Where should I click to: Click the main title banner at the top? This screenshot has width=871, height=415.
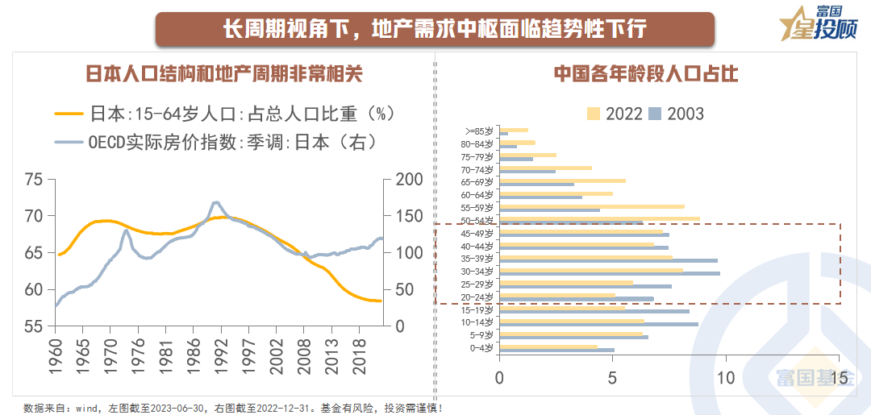point(435,30)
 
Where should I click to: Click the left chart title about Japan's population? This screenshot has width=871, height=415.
point(224,74)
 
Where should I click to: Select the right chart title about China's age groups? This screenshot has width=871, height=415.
point(646,74)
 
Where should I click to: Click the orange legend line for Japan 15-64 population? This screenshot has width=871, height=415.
point(69,113)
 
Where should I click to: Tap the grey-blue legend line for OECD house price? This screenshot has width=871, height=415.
point(69,143)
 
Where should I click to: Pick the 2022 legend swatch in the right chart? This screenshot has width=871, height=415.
point(594,114)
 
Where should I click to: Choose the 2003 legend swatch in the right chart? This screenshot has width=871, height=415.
point(656,114)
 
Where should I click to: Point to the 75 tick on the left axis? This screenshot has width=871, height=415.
point(34,180)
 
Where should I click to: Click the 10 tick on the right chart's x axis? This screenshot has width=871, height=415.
point(726,377)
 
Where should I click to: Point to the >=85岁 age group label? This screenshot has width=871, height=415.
point(481,131)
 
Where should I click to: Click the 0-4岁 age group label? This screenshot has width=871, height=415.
point(483,347)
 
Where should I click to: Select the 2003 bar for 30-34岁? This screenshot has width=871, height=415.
point(610,273)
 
